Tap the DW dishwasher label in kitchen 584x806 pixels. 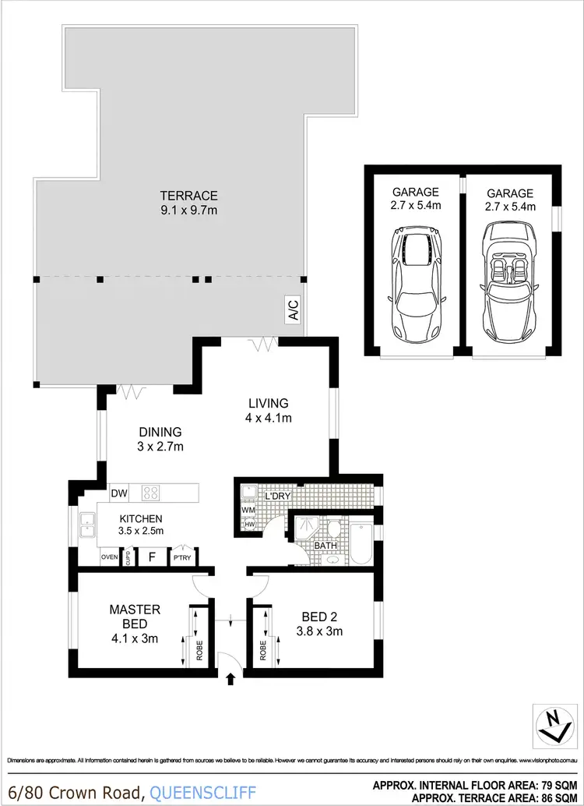click(119, 493)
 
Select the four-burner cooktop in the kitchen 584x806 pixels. click(151, 493)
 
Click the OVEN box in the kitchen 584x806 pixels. click(110, 557)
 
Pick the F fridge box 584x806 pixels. click(152, 557)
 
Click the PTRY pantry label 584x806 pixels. click(183, 557)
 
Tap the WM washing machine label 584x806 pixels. click(248, 511)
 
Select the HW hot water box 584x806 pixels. click(248, 525)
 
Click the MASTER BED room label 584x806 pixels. click(135, 617)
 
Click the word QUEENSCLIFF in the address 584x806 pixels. click(202, 794)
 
